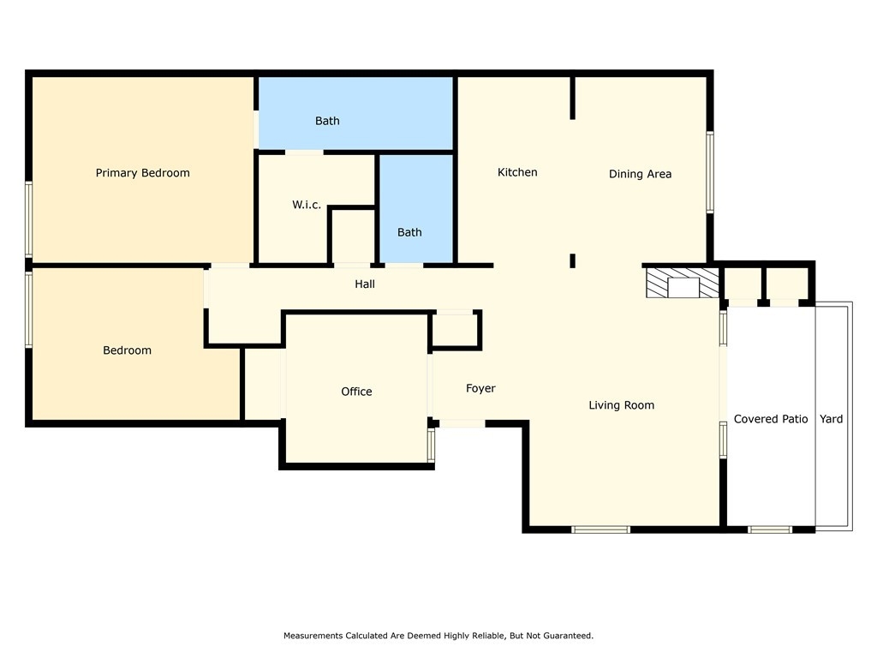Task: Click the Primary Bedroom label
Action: pyautogui.click(x=143, y=173)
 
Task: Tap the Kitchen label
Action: pyautogui.click(x=517, y=172)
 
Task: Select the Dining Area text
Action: pyautogui.click(x=640, y=174)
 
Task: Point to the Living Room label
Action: pyautogui.click(x=622, y=405)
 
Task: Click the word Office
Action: pyautogui.click(x=356, y=392)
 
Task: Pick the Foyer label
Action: pyautogui.click(x=480, y=388)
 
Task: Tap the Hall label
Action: pyautogui.click(x=365, y=284)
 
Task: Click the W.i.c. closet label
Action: pyautogui.click(x=307, y=205)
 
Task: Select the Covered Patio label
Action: pyautogui.click(x=771, y=419)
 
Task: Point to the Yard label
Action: pyautogui.click(x=831, y=419)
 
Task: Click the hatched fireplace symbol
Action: pyautogui.click(x=683, y=283)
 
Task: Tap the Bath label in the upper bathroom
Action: pyautogui.click(x=327, y=121)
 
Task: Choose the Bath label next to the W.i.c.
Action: pyautogui.click(x=409, y=232)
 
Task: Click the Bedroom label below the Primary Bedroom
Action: pyautogui.click(x=127, y=350)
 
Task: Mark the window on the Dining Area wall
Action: pyautogui.click(x=710, y=171)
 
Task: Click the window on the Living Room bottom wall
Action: pyautogui.click(x=600, y=529)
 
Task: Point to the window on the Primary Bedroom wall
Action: pyautogui.click(x=28, y=219)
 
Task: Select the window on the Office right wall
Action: pyautogui.click(x=432, y=446)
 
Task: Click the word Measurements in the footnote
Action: pyautogui.click(x=313, y=636)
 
